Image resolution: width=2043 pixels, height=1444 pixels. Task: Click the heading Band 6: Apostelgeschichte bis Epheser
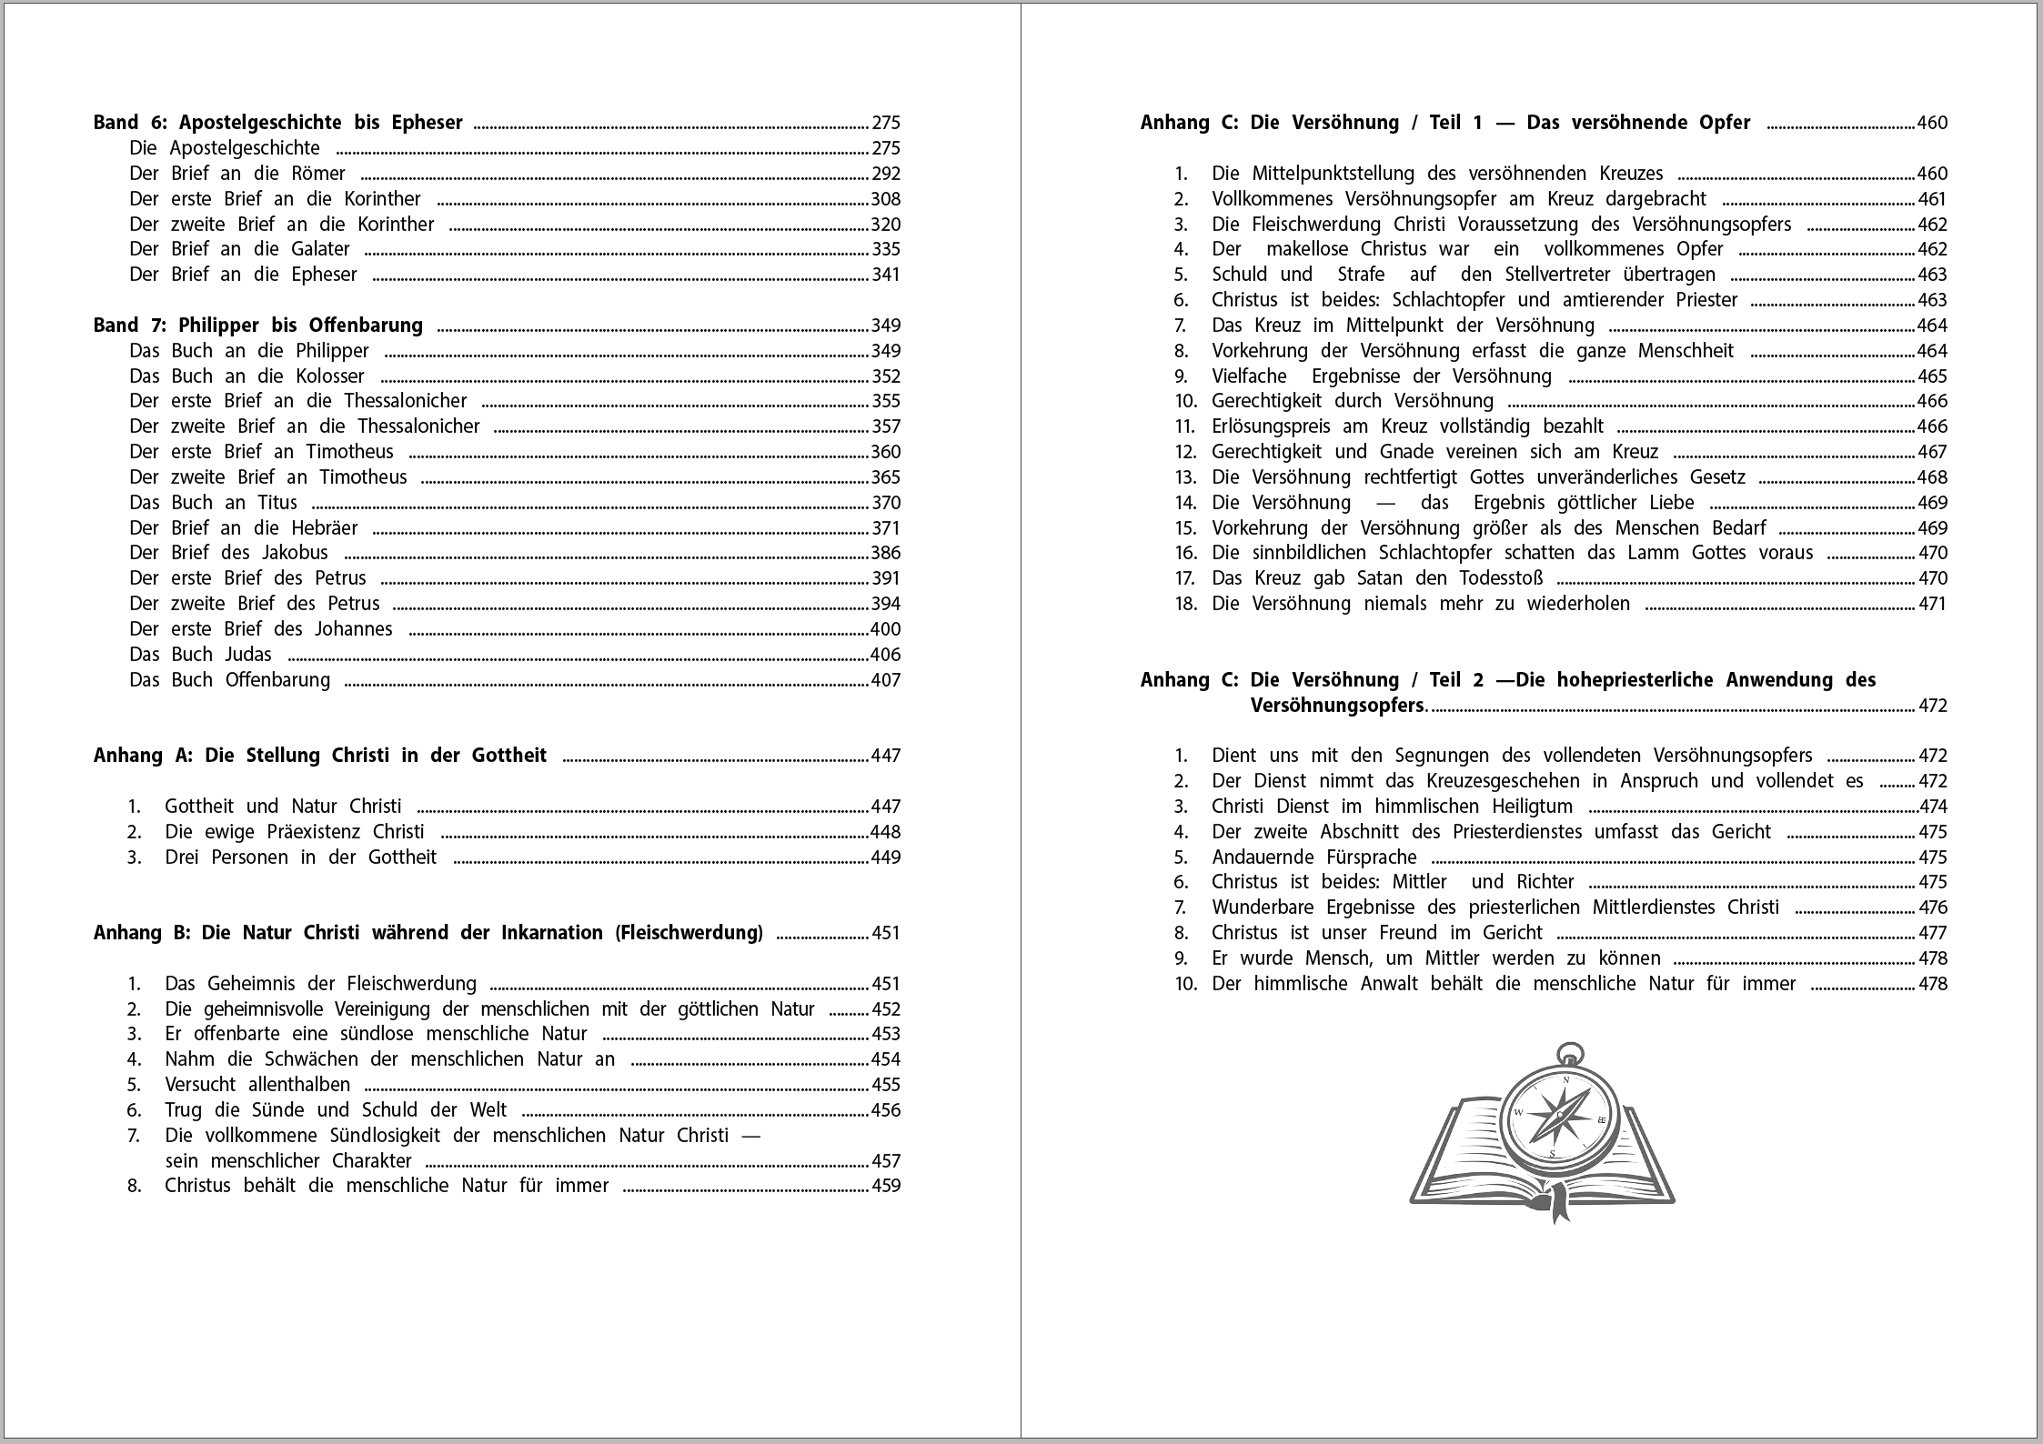click(x=277, y=123)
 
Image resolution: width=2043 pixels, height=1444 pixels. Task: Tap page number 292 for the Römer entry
click(x=885, y=174)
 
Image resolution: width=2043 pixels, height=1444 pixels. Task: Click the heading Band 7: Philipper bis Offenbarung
click(x=258, y=326)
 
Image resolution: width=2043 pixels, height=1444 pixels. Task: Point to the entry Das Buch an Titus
click(x=213, y=503)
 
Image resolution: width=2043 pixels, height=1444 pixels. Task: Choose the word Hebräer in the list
click(x=324, y=528)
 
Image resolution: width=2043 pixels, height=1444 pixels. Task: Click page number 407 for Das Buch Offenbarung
click(x=885, y=680)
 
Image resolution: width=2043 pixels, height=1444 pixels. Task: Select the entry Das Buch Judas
click(x=200, y=655)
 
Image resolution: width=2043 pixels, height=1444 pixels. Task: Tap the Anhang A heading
click(x=320, y=756)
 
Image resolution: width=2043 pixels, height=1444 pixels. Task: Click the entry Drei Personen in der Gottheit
click(x=300, y=857)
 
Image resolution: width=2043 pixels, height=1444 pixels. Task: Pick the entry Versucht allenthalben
click(x=257, y=1085)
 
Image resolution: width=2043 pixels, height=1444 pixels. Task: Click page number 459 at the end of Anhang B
click(x=885, y=1186)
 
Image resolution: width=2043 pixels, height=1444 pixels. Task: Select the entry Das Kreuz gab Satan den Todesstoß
click(x=1377, y=578)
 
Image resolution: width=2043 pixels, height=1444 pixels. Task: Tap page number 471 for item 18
click(x=1932, y=604)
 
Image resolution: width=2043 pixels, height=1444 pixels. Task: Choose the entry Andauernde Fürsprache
click(x=1313, y=857)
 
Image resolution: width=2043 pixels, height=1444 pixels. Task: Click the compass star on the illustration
click(x=1560, y=1115)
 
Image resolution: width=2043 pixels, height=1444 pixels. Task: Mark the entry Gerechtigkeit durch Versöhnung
click(x=1352, y=401)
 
